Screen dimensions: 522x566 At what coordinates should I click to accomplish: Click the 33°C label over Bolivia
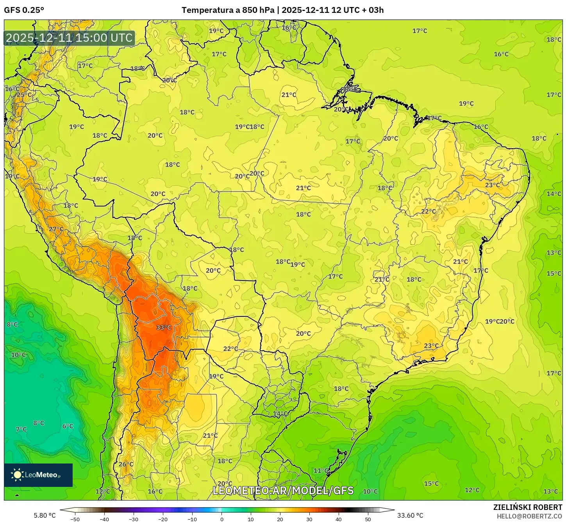point(164,327)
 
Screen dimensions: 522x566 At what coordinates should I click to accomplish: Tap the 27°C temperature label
point(56,229)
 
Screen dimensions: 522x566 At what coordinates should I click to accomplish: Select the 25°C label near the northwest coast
point(24,95)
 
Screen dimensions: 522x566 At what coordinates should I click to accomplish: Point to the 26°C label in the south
point(126,464)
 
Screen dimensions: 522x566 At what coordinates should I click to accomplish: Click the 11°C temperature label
point(321,471)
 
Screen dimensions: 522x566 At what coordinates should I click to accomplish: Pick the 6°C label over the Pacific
point(68,426)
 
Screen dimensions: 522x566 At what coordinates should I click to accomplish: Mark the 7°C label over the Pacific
point(21,429)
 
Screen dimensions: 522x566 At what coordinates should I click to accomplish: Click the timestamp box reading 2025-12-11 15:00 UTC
point(69,38)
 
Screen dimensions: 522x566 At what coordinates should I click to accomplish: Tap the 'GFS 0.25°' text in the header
point(24,10)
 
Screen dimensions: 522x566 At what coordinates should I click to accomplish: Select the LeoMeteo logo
point(38,475)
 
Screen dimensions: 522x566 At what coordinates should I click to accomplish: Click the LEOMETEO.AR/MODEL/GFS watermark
point(283,490)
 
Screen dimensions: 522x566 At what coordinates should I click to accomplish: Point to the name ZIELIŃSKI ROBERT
point(527,507)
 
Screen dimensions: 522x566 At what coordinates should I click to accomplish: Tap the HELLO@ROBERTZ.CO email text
point(529,516)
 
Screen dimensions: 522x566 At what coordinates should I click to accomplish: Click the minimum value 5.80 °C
point(45,515)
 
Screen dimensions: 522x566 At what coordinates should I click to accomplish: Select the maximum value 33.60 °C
point(410,515)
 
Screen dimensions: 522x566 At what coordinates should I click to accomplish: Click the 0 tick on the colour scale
point(221,519)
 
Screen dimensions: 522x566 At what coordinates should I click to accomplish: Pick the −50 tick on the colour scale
point(75,519)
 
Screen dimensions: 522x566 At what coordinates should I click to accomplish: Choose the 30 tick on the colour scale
point(309,519)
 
